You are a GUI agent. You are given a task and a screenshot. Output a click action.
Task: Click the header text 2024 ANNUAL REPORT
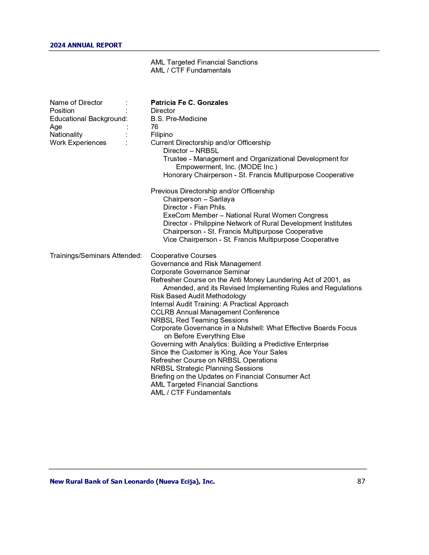pyautogui.click(x=86, y=45)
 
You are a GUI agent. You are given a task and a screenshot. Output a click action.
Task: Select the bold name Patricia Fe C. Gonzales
pyautogui.click(x=189, y=103)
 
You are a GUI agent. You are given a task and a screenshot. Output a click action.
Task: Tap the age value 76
pyautogui.click(x=154, y=127)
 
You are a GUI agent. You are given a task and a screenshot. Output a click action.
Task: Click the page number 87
pyautogui.click(x=361, y=481)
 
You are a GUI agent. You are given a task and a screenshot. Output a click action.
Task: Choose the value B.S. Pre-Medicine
pyautogui.click(x=179, y=119)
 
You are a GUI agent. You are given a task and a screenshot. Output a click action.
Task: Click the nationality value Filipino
pyautogui.click(x=162, y=135)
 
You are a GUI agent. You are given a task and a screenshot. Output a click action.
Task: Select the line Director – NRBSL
pyautogui.click(x=191, y=151)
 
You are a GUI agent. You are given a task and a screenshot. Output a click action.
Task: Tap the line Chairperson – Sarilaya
pyautogui.click(x=199, y=199)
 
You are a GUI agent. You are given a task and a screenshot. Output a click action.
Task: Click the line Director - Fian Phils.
pyautogui.click(x=195, y=207)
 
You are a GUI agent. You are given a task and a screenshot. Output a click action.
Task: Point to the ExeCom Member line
pyautogui.click(x=245, y=215)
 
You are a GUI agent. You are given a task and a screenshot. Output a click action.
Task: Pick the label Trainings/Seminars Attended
pyautogui.click(x=96, y=256)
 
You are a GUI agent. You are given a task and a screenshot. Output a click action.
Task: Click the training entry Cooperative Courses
pyautogui.click(x=183, y=256)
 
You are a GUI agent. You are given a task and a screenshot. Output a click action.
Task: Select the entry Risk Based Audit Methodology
pyautogui.click(x=198, y=296)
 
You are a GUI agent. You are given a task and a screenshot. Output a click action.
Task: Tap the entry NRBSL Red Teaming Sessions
pyautogui.click(x=199, y=320)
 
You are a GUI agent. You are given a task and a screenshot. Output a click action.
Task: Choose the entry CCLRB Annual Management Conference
pyautogui.click(x=215, y=312)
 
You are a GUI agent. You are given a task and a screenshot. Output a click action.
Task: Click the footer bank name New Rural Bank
pyautogui.click(x=132, y=481)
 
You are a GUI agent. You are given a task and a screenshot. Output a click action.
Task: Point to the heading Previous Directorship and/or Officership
pyautogui.click(x=212, y=191)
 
